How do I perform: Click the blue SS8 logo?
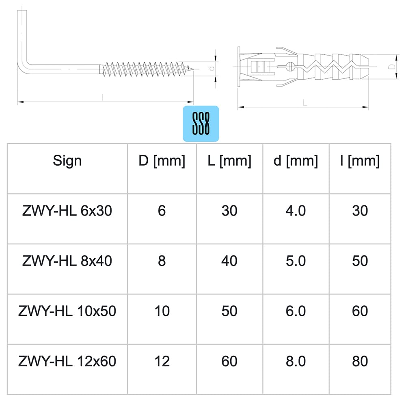(201, 123)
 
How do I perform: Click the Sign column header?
(67, 160)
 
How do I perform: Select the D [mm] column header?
(162, 161)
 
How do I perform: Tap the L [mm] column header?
(229, 161)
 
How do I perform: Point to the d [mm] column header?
(296, 161)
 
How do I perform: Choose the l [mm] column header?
(360, 161)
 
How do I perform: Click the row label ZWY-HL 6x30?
(67, 211)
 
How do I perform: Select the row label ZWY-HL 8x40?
(67, 261)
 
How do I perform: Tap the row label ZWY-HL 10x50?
(67, 311)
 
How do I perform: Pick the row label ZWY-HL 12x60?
(67, 361)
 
